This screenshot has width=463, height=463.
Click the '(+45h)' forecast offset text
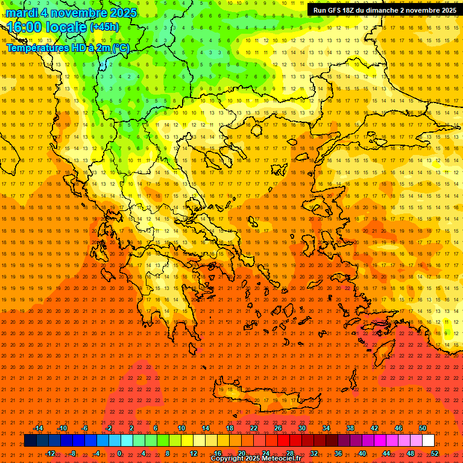(x=104, y=27)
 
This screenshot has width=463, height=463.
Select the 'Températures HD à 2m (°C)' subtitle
(x=68, y=48)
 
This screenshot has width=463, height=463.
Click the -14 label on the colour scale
(x=38, y=428)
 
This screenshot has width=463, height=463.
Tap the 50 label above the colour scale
(x=423, y=428)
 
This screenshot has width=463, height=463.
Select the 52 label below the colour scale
(x=435, y=453)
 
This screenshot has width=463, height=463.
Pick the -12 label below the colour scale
(x=50, y=453)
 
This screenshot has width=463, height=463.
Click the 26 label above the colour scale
(x=278, y=428)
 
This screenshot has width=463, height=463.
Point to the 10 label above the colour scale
(x=181, y=428)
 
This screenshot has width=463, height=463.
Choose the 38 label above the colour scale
(x=350, y=428)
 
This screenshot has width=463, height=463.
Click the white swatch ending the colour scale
(x=428, y=441)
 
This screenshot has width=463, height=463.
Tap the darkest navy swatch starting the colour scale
(x=30, y=441)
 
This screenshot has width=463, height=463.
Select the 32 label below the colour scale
(x=314, y=453)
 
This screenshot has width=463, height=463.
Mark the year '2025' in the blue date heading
(x=120, y=13)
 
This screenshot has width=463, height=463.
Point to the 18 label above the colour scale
(x=230, y=428)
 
